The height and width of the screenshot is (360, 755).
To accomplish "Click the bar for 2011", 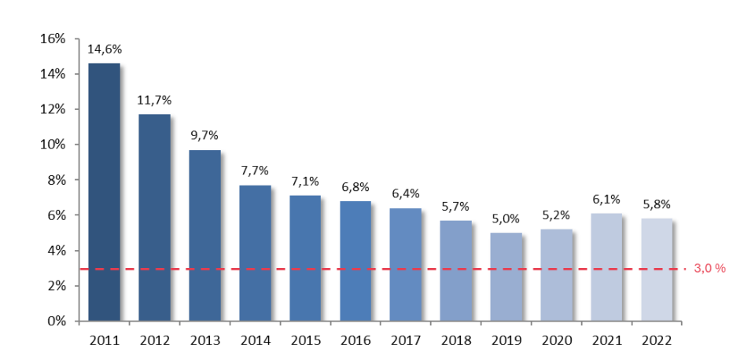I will point(104,193).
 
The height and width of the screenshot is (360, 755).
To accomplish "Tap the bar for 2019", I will point(506,277).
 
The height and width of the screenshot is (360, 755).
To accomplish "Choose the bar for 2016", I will point(355,261).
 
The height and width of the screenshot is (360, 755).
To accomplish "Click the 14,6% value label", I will point(104,49).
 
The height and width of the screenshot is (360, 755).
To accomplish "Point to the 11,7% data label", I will point(154,100).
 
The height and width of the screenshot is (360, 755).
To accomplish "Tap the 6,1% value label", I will point(606,199).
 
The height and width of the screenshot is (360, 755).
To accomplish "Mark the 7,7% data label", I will point(255,171).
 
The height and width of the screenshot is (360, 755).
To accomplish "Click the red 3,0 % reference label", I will point(709,269).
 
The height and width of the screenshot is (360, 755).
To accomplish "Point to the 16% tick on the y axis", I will point(53,39).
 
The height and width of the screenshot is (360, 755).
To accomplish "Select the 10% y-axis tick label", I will point(53,145).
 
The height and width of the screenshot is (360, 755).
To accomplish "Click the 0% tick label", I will point(57,321).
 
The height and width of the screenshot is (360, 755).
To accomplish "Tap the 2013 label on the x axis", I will point(204,341).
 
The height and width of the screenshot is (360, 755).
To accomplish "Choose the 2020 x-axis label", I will point(556,341).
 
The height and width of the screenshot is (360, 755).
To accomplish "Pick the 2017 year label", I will point(406,341).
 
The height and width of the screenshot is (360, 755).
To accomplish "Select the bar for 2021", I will point(606,267).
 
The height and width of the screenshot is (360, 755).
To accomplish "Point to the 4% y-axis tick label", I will point(57,251).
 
